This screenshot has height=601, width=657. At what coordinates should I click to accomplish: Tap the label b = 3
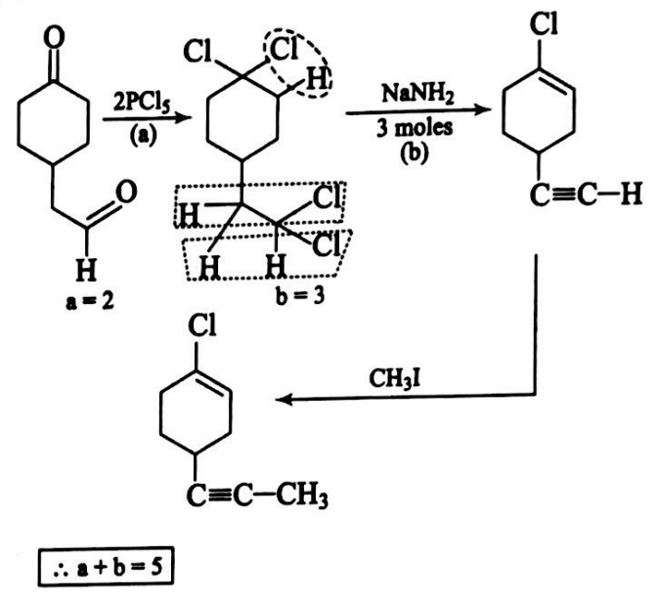tap(295, 299)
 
